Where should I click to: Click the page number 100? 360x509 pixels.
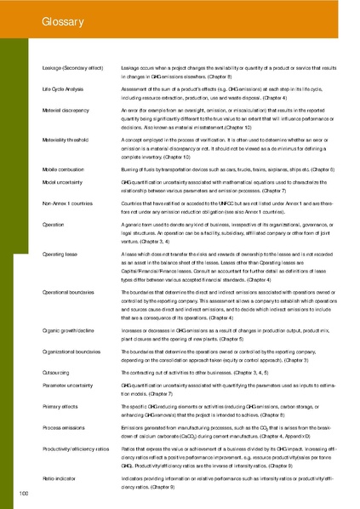pos(24,494)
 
